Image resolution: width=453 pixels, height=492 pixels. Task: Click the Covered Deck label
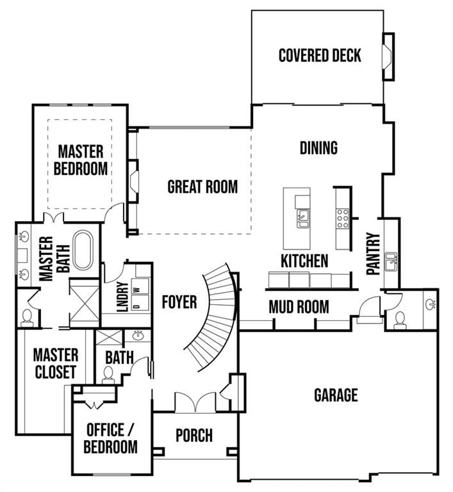[319, 55]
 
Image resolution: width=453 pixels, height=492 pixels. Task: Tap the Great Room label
[202, 187]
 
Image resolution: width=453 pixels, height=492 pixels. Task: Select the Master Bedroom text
[80, 160]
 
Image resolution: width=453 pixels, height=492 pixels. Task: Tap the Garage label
[335, 395]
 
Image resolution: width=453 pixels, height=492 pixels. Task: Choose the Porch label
[194, 436]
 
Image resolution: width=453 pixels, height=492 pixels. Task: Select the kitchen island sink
[303, 219]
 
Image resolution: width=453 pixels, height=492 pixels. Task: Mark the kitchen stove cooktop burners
[342, 218]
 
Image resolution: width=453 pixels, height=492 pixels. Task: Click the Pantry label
[374, 254]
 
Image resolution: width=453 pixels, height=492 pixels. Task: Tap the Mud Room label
[299, 307]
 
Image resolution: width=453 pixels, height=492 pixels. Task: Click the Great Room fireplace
[133, 182]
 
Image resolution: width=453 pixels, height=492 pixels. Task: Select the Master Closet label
[55, 363]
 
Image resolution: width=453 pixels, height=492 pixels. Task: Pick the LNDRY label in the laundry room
[122, 297]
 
